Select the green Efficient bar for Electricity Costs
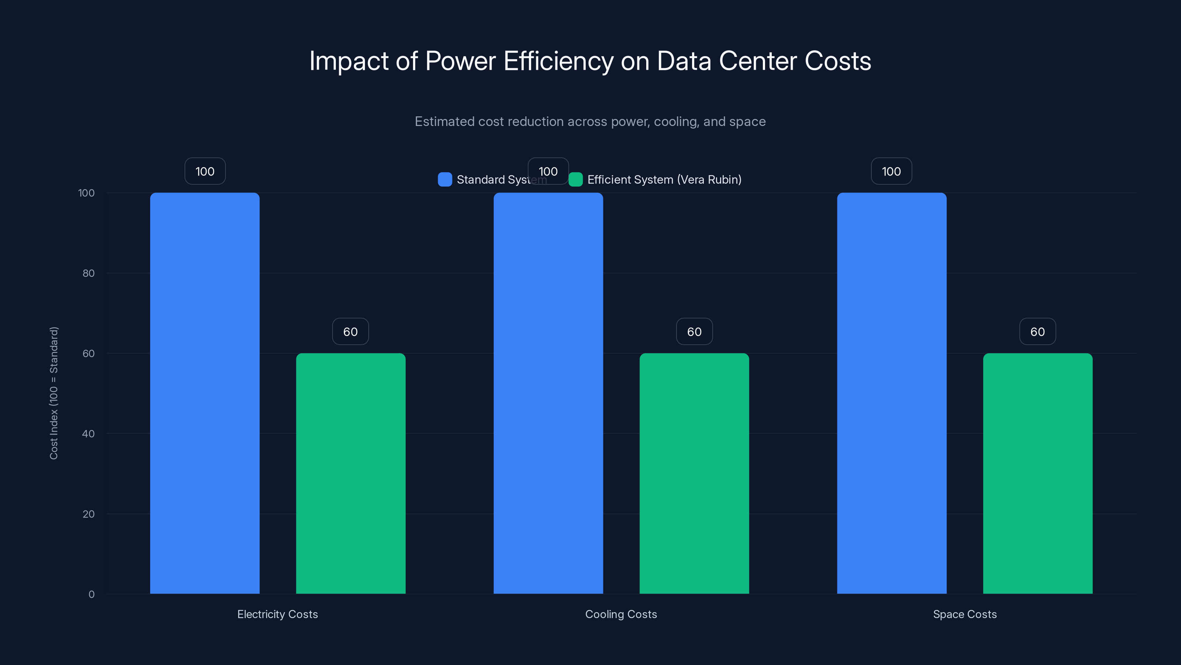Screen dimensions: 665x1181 tap(351, 473)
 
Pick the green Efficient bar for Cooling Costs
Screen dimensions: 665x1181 tap(694, 473)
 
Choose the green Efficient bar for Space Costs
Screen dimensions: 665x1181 tap(1037, 473)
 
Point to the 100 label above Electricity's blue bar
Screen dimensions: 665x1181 tap(205, 171)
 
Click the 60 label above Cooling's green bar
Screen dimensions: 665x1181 tap(694, 332)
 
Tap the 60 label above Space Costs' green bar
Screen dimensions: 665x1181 tap(1037, 332)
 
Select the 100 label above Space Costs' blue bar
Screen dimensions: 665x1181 tap(891, 171)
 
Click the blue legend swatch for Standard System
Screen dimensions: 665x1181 tap(445, 180)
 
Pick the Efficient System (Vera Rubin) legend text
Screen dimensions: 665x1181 tap(664, 180)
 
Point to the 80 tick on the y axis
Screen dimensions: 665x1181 tap(89, 273)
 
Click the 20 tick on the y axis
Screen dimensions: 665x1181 tap(89, 514)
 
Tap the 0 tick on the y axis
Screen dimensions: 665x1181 tap(91, 594)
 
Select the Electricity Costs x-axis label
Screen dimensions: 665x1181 tap(278, 614)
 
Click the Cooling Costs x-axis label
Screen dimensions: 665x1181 tap(621, 614)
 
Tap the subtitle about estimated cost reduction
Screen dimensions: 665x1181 tap(590, 122)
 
